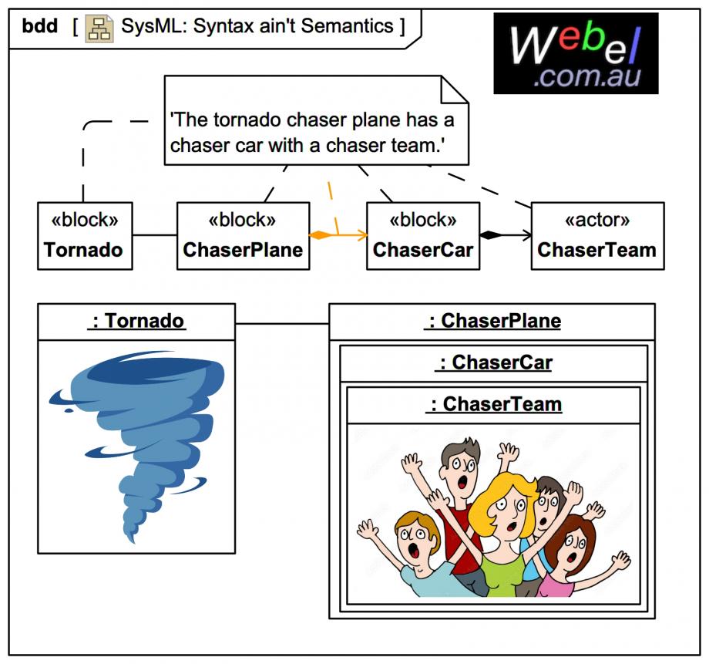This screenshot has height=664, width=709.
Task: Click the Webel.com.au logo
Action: point(576,52)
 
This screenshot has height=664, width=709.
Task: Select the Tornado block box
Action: point(84,236)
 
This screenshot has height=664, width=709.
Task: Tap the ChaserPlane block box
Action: point(243,236)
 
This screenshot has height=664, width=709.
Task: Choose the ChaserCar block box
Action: point(422,236)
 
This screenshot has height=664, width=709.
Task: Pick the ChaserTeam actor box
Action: point(597,236)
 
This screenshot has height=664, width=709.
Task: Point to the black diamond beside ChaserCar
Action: point(491,234)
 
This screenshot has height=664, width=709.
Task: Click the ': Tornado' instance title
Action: point(137,321)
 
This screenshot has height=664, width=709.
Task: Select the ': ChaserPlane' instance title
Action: point(492,321)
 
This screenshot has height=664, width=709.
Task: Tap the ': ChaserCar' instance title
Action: point(493,362)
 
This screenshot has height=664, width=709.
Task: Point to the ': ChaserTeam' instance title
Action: point(493,404)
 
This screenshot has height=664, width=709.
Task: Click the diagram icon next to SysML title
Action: point(99,28)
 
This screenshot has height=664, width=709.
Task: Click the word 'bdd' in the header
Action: point(39,26)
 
